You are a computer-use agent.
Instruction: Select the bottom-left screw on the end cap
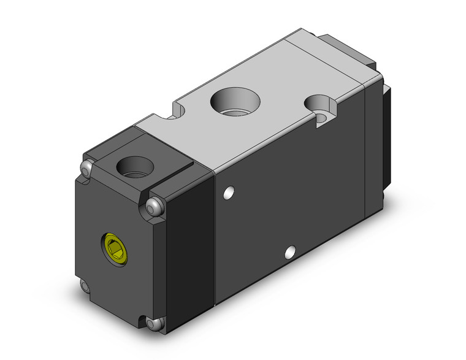click(x=85, y=286)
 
